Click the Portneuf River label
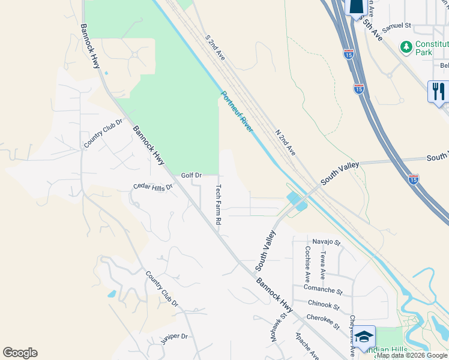237,112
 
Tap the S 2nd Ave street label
214,46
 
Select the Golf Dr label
191,175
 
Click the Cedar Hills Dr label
152,187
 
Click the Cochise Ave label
307,264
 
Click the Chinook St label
323,305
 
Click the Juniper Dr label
174,339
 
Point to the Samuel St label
396,26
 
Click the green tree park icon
406,46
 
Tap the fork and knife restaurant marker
438,91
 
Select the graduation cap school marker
364,337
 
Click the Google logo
20,353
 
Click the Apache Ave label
307,346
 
